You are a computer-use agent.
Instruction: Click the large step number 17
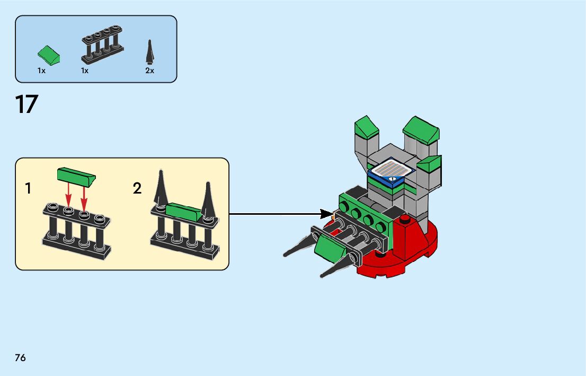tap(26, 104)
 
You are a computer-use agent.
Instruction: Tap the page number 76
tap(21, 358)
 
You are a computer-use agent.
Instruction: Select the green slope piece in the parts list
tap(49, 55)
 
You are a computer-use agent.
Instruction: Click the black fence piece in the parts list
tap(102, 45)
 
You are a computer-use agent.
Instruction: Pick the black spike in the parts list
tap(150, 52)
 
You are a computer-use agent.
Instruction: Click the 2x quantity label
tap(149, 71)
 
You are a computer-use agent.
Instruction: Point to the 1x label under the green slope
tap(41, 71)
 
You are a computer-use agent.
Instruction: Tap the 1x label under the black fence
tap(85, 71)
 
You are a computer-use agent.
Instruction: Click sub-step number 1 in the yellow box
tap(28, 188)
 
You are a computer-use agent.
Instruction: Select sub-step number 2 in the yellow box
tap(137, 188)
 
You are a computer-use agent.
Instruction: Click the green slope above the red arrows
tap(76, 177)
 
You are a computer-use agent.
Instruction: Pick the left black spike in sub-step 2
tap(161, 189)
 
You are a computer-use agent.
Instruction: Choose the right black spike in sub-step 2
tap(208, 200)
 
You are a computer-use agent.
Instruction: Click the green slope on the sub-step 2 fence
tap(184, 212)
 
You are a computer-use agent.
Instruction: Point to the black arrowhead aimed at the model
tap(327, 214)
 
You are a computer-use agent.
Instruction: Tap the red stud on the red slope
tap(403, 219)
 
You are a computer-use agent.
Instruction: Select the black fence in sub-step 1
tap(77, 232)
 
